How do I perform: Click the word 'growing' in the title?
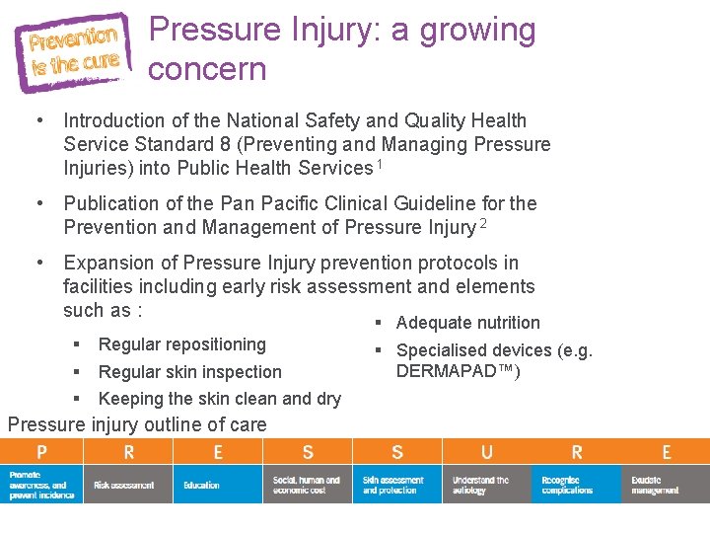tap(477, 31)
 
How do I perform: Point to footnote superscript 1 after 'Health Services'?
tap(379, 164)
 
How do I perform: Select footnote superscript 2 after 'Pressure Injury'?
tap(483, 224)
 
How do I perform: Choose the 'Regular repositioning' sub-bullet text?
tap(182, 344)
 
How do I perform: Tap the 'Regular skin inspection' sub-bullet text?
tap(190, 372)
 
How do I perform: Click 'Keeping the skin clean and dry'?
tap(220, 399)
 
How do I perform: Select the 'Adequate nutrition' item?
tap(468, 323)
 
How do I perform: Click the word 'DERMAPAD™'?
tap(458, 371)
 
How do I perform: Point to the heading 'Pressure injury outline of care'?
tap(137, 425)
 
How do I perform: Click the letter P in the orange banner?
tap(41, 452)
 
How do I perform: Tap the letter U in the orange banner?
tap(487, 452)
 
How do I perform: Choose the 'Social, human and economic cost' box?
tap(307, 485)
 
